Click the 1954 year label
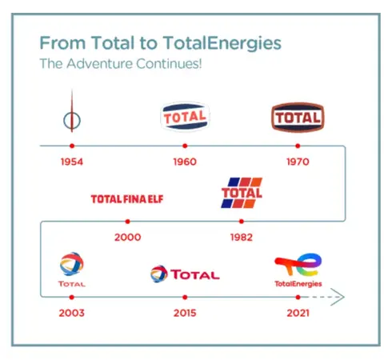click(72, 162)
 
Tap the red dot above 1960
click(185, 146)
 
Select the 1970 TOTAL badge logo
click(298, 118)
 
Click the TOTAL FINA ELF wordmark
click(127, 199)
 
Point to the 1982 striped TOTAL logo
click(242, 193)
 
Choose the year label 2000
click(128, 237)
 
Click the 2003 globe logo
click(71, 264)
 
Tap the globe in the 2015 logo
click(159, 274)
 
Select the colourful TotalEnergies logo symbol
click(298, 265)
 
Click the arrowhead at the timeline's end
click(338, 297)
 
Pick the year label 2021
click(298, 313)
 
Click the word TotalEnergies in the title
click(222, 43)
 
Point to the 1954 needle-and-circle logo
click(72, 120)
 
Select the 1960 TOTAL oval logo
click(185, 117)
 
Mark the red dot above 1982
click(242, 222)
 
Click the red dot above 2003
click(71, 297)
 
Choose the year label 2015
click(185, 313)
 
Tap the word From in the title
click(62, 43)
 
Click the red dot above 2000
click(128, 222)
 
